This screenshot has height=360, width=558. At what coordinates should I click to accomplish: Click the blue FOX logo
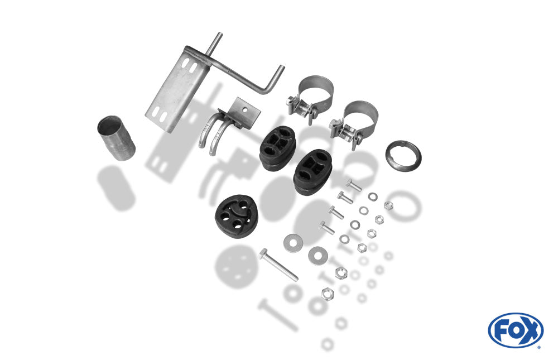pos(516,330)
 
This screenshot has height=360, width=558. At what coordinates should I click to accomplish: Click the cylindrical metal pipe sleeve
pos(117,138)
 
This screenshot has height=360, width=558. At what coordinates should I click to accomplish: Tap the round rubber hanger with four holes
pos(236,216)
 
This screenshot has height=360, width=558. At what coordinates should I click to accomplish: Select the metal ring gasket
pos(403,156)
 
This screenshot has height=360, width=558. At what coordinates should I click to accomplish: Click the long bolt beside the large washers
pos(278,265)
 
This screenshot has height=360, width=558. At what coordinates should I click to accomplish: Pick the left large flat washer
pos(294,243)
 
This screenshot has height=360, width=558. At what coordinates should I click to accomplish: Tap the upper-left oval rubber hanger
pos(277,148)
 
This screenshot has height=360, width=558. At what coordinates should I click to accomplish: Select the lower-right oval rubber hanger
pos(312,172)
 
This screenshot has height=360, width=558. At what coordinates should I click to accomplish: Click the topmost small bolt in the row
pos(354,185)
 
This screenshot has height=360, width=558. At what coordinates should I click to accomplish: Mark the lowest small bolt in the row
pos(326,228)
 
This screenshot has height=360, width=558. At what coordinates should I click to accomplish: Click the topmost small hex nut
pos(388,205)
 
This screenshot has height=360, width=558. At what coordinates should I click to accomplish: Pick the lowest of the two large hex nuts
pos(328,294)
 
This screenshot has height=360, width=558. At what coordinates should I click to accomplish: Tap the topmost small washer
pos(373,196)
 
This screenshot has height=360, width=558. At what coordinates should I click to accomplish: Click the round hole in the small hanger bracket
pos(245,109)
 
